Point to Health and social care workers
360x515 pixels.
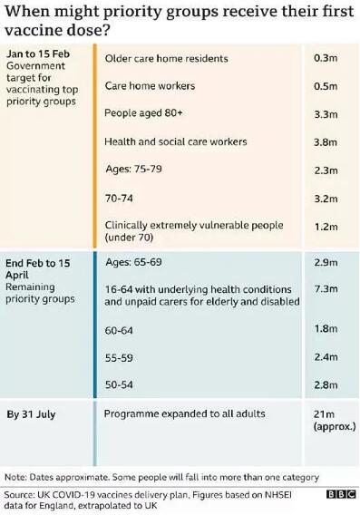point(176,141)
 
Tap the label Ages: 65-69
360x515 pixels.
point(135,263)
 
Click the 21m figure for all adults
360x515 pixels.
point(324,414)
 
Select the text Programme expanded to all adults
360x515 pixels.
point(185,414)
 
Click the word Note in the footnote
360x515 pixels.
point(15,476)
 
